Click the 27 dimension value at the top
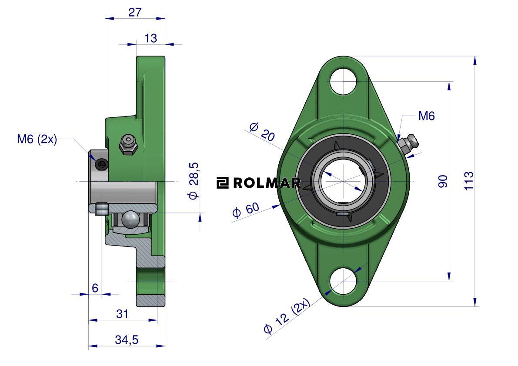pyautogui.click(x=135, y=12)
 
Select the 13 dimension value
pyautogui.click(x=150, y=38)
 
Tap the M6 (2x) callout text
pyautogui.click(x=37, y=139)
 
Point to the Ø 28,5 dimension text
pyautogui.click(x=194, y=180)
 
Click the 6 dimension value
pyautogui.click(x=95, y=288)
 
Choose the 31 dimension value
pyautogui.click(x=122, y=314)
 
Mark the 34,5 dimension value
pyautogui.click(x=127, y=339)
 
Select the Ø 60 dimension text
pyautogui.click(x=246, y=210)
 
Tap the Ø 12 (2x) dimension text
pyautogui.click(x=287, y=316)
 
